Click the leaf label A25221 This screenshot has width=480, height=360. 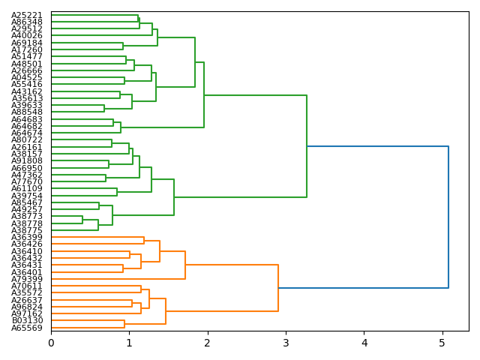27,15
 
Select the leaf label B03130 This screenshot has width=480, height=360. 27,320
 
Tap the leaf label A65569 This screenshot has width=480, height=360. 27,328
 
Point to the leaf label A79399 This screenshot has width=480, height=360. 27,279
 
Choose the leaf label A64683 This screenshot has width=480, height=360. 27,119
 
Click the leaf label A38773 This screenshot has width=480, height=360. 27,216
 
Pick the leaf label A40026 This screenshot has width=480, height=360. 27,36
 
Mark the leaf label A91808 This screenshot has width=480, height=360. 27,160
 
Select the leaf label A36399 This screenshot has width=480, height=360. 27,237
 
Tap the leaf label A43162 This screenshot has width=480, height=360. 27,91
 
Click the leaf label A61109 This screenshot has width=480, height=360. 27,188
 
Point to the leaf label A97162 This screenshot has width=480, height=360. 27,313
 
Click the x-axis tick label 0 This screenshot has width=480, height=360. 51,343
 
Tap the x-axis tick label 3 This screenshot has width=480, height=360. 286,343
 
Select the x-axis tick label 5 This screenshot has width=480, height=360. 442,343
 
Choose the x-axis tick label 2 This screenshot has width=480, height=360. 208,343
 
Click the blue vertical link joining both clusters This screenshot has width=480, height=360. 448,217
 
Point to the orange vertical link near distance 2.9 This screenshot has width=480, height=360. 278,287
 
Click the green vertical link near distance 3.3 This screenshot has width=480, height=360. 307,146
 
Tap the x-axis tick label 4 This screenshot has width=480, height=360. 364,343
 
